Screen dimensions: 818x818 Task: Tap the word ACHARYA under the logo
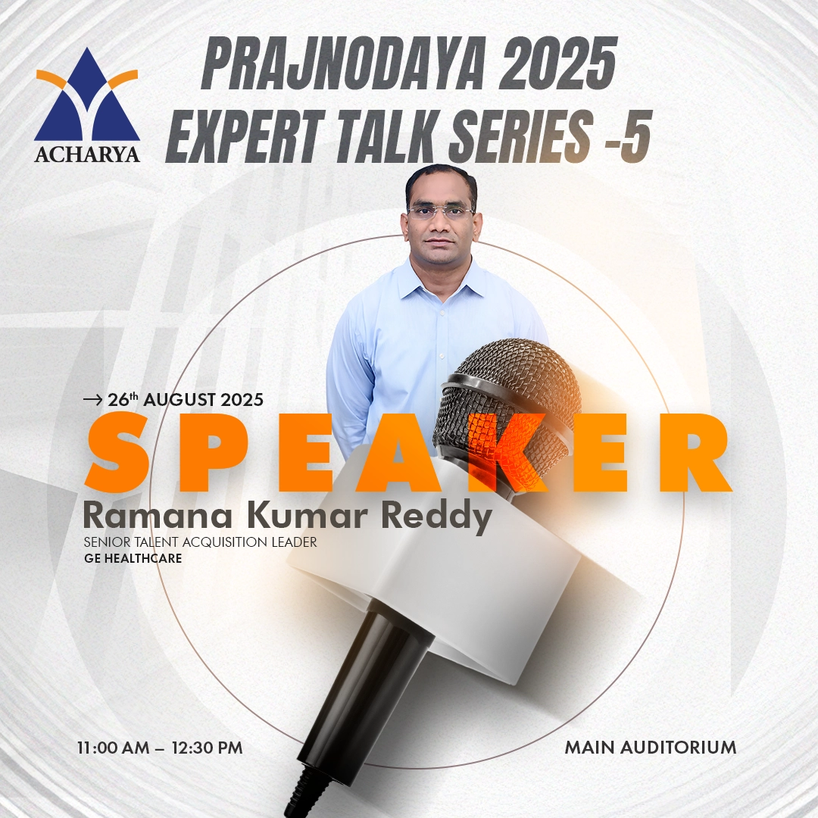[87, 155]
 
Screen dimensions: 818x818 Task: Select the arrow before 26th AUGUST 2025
[93, 400]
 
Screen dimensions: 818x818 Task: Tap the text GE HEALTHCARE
[133, 559]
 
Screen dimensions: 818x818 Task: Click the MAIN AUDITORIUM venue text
[651, 748]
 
